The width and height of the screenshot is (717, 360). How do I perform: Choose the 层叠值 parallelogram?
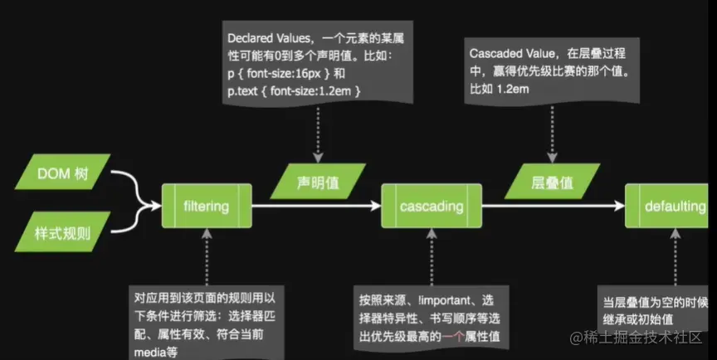pyautogui.click(x=552, y=181)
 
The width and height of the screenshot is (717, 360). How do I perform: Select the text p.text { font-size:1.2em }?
pyautogui.click(x=295, y=90)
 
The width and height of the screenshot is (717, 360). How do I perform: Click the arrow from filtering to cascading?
pyautogui.click(x=315, y=204)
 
